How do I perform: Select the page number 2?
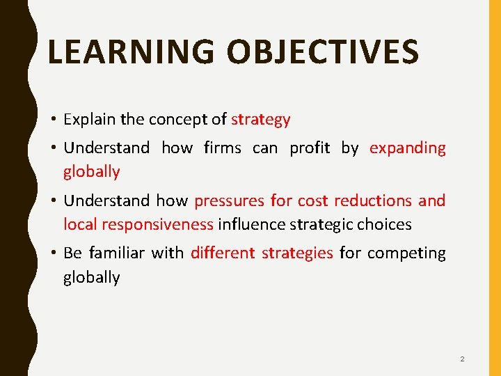(462, 359)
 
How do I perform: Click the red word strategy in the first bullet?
(261, 120)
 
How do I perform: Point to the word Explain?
(89, 120)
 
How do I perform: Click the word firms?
(223, 148)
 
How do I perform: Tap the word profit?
(310, 148)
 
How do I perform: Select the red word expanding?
(408, 148)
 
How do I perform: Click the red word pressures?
(230, 201)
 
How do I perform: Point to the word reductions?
(374, 201)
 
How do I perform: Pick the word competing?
(406, 253)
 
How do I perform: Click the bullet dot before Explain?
(53, 120)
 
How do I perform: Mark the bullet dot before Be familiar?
(53, 253)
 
